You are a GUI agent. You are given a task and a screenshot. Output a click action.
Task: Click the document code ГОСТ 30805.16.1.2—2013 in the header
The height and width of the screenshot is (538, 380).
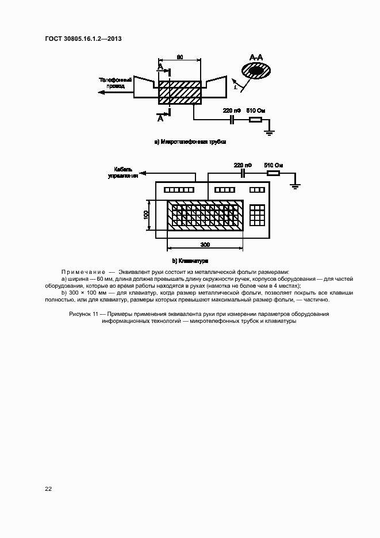click(x=83, y=40)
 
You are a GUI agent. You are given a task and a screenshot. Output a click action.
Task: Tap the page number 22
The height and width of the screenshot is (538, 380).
click(x=49, y=489)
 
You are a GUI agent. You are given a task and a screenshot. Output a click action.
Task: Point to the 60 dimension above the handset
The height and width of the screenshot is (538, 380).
click(x=179, y=57)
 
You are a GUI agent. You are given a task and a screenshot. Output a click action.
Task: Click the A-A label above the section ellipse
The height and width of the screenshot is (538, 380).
click(x=256, y=57)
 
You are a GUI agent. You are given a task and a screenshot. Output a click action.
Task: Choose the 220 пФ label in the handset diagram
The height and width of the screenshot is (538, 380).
click(x=232, y=109)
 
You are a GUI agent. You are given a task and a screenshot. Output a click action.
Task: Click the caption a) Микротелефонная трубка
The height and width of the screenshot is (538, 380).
click(x=190, y=141)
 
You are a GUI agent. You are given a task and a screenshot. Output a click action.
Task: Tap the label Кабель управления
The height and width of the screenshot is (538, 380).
click(x=123, y=173)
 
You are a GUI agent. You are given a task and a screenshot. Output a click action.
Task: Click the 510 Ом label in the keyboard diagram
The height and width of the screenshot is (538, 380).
click(x=272, y=165)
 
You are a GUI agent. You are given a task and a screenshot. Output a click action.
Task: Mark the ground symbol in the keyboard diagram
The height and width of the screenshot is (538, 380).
click(x=294, y=185)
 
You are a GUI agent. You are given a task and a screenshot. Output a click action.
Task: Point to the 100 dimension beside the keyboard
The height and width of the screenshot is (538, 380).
click(x=147, y=215)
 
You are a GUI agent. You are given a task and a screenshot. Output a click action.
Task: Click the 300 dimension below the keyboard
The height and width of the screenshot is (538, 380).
click(x=205, y=245)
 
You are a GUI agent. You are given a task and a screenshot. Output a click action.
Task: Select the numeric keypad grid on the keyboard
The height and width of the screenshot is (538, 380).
click(x=257, y=215)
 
